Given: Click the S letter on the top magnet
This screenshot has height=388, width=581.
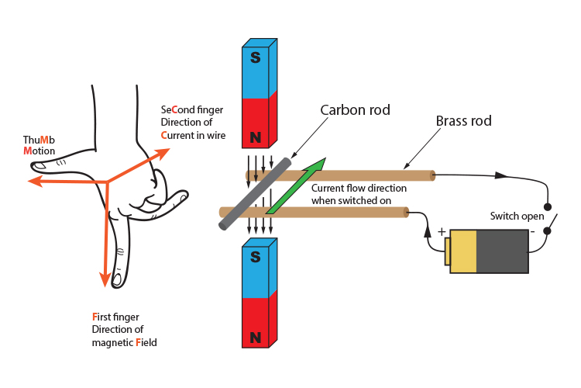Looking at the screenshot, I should click(x=256, y=57).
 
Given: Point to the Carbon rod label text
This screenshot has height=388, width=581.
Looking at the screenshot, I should click(x=355, y=110).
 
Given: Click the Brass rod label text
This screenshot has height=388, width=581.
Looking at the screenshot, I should click(x=464, y=121).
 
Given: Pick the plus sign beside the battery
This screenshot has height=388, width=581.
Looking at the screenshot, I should click(x=442, y=231).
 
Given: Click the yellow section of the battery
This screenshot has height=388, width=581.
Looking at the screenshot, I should click(x=463, y=251).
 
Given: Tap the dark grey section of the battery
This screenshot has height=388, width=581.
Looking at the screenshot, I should click(x=502, y=251).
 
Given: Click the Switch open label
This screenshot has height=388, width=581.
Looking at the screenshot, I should click(x=517, y=216).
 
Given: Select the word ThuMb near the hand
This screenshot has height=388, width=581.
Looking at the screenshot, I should click(x=39, y=140).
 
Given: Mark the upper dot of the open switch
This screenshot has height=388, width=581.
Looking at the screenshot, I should click(x=548, y=207).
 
